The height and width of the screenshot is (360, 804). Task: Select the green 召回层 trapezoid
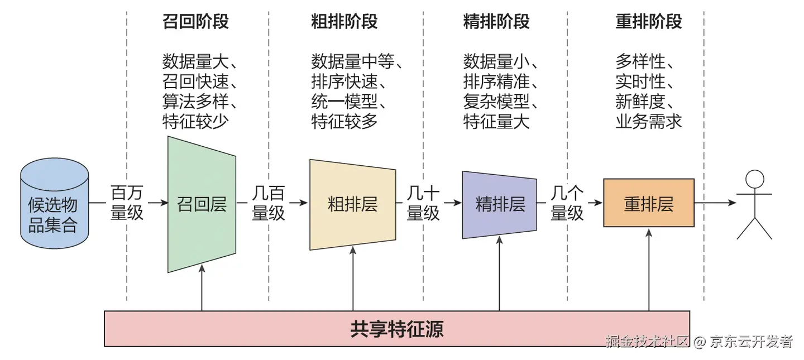tap(202, 204)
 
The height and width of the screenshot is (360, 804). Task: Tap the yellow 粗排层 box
tap(352, 204)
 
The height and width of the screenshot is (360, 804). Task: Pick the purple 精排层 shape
tap(500, 204)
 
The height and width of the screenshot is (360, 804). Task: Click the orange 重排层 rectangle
tap(649, 203)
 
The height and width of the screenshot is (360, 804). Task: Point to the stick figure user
tap(754, 204)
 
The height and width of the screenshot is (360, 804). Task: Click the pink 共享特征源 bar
tap(397, 329)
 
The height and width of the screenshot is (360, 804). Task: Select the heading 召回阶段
tap(195, 22)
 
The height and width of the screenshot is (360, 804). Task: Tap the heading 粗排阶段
tap(344, 22)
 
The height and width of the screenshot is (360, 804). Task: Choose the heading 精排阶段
tap(496, 22)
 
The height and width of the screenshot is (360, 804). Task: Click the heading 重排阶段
tap(649, 22)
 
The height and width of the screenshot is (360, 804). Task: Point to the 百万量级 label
tap(127, 203)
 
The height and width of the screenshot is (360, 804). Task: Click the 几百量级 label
tap(269, 203)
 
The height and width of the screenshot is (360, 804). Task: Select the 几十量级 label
tap(423, 203)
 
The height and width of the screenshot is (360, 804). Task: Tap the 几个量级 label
tap(567, 203)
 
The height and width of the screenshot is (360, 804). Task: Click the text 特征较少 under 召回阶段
tap(195, 121)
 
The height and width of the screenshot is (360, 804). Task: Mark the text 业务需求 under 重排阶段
tap(649, 121)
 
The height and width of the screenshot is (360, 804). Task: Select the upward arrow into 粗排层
tap(353, 279)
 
